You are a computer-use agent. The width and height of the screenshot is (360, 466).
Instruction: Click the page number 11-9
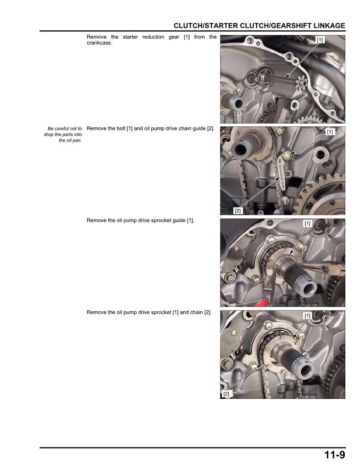pos(335,455)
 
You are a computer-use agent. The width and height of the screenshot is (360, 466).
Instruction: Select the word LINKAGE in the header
pos(330,26)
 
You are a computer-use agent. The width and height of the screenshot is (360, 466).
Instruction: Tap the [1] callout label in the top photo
pos(320,40)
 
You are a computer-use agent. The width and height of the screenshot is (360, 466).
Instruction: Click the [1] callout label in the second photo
pos(330,132)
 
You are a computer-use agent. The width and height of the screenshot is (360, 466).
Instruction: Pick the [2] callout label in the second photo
pos(238,211)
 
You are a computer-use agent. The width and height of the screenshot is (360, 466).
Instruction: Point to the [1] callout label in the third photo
pos(308,223)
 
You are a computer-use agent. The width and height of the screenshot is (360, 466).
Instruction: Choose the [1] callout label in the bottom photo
pos(308,316)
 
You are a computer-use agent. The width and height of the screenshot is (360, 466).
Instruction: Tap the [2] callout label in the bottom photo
pos(226,394)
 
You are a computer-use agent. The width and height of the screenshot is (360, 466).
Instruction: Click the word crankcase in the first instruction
pos(99,43)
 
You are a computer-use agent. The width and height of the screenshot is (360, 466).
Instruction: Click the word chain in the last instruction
pos(196,312)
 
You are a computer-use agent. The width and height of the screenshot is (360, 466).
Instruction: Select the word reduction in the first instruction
pos(153,37)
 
